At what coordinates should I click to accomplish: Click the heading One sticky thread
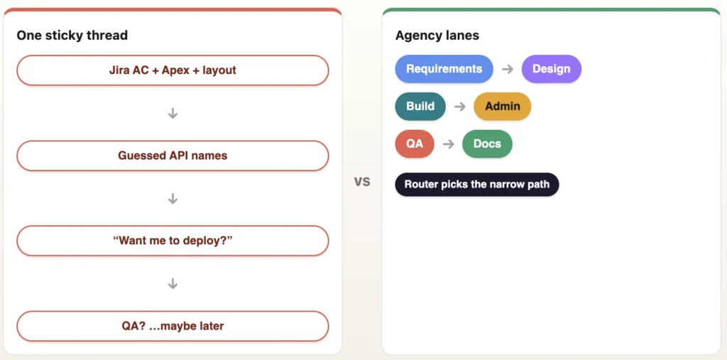72,36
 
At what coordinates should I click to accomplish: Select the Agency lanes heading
437,36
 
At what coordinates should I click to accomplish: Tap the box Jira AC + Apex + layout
173,70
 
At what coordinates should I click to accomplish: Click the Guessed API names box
173,156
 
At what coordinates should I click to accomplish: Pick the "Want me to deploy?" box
173,240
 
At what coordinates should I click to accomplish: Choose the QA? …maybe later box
173,326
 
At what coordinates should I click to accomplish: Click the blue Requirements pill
444,69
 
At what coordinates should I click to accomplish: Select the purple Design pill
551,69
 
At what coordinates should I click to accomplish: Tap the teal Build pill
420,107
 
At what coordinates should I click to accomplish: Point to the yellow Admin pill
503,107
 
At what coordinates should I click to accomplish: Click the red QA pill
415,144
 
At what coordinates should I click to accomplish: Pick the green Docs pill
487,144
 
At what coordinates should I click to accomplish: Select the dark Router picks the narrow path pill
477,184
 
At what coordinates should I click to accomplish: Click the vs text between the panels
362,181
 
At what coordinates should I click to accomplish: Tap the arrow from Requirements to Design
508,69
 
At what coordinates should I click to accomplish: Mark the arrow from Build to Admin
460,107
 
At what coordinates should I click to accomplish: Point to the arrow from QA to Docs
449,144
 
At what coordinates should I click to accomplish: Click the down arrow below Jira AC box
173,113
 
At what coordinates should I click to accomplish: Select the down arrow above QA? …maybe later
173,283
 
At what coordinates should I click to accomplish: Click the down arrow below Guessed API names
173,199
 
